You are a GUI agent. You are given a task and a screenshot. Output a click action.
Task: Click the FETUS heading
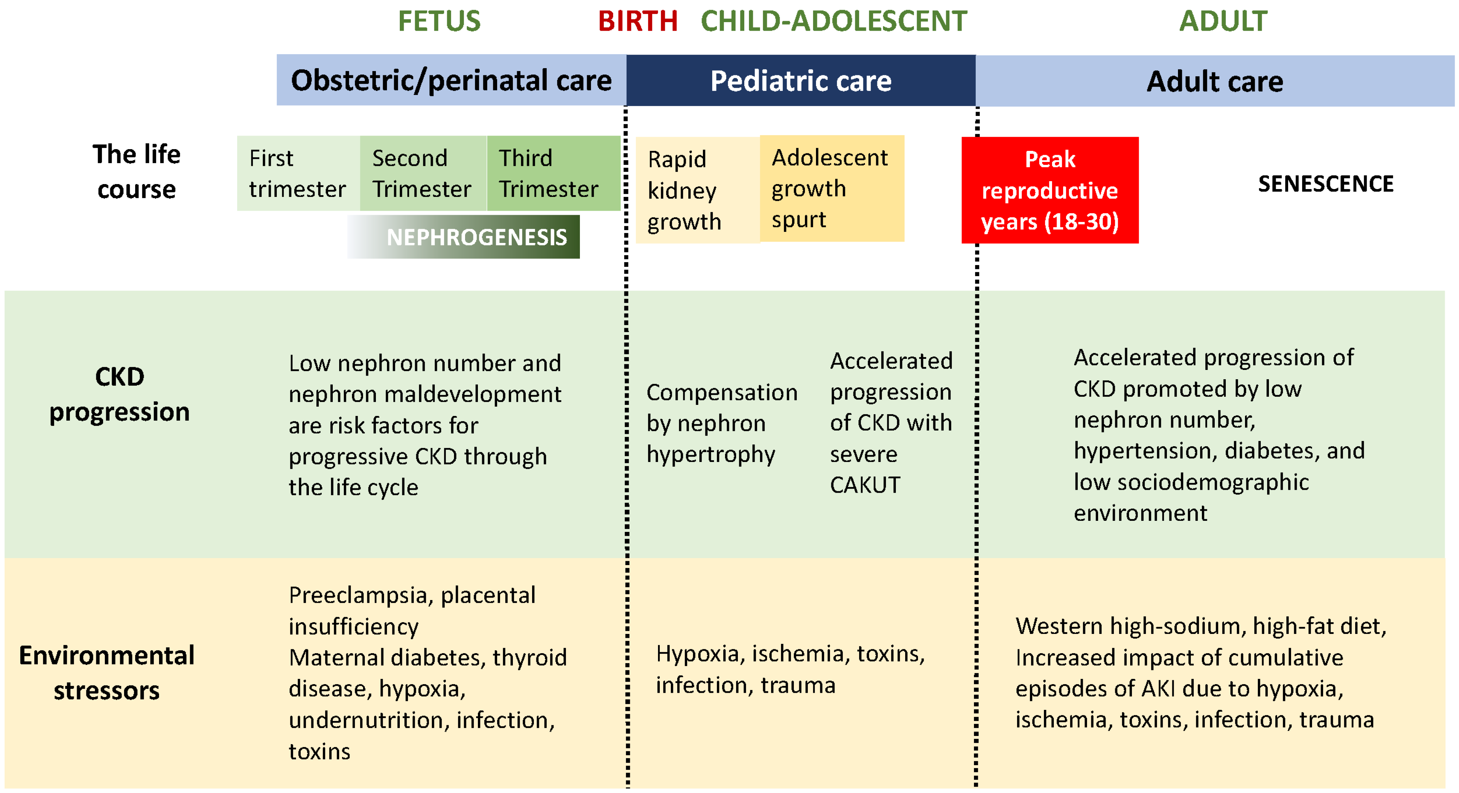pos(439,21)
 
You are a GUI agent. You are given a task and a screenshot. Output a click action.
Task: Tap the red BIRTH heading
pos(638,21)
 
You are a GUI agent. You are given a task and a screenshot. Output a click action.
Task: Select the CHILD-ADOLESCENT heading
pos(834,21)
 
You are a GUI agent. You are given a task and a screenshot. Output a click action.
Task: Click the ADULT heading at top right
pos(1223,21)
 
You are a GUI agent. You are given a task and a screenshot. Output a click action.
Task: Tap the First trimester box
pos(297,173)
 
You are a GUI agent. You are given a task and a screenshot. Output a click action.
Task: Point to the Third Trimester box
pos(548,173)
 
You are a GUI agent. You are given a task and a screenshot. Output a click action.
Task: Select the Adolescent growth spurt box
pos(831,189)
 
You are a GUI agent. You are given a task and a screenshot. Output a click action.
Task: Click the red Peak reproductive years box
pos(1050,190)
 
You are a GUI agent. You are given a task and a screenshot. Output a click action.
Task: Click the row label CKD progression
pos(119,394)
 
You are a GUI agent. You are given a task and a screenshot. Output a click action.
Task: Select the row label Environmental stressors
pos(107,673)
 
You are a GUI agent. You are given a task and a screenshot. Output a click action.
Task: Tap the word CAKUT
pos(865,486)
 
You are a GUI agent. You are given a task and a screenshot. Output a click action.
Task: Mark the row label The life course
pos(137,172)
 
